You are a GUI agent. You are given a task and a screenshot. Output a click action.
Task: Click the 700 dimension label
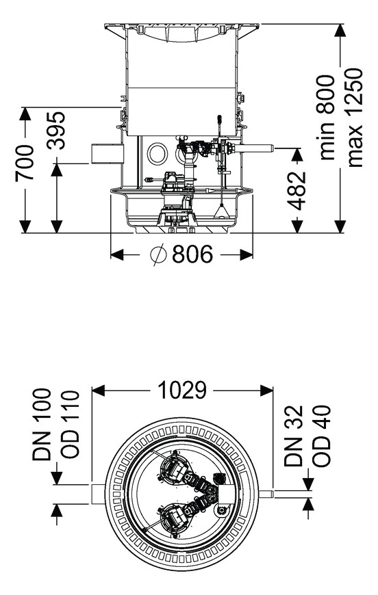coord(25,162)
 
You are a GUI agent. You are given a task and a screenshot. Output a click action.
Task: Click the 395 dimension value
coord(56,130)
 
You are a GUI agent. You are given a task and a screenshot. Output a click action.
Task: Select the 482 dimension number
coord(297,191)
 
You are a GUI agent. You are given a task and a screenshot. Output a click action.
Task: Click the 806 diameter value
coord(192,254)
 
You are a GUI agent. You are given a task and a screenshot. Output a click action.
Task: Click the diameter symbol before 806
coord(158,254)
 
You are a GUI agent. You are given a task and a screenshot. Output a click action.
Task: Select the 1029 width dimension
coord(182,390)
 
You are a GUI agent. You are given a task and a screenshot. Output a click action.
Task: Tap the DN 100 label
coord(41,424)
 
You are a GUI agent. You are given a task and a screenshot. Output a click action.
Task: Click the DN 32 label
coord(294,436)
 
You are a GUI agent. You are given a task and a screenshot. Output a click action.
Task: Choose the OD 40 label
coord(322,436)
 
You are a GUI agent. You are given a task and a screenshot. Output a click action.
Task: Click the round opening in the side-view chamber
coord(157,153)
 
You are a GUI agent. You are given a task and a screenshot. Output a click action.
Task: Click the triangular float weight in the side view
coord(221,211)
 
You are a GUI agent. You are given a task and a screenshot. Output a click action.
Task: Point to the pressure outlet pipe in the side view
coord(255,148)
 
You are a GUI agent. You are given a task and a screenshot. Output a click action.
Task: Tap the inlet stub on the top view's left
coord(99,494)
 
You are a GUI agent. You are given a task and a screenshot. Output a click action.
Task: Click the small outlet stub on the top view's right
coord(267,494)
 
